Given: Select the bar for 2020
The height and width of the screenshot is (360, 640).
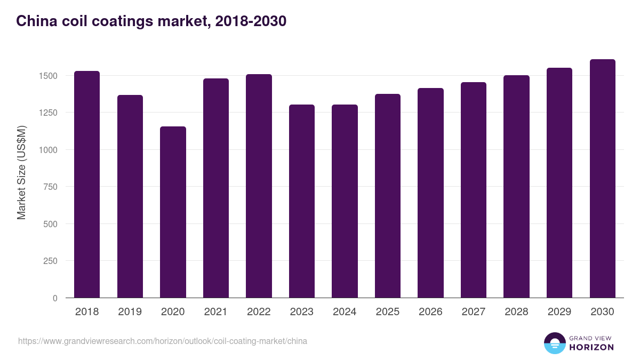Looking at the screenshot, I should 173,212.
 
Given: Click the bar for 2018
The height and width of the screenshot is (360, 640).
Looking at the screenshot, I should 87,185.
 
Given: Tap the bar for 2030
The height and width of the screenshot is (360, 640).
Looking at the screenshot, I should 602,179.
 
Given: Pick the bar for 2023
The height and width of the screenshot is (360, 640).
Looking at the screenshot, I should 302,201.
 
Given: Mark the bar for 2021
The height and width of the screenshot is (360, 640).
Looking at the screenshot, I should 216,188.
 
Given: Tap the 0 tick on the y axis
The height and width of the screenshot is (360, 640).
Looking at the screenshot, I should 55,298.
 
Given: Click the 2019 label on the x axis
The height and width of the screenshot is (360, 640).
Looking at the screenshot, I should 130,312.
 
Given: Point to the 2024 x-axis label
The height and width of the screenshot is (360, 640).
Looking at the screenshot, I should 345,312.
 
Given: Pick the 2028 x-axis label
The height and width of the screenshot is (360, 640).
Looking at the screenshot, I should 516,312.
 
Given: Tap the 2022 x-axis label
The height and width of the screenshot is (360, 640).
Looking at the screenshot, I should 259,312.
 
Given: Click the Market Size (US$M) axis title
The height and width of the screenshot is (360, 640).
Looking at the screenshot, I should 21,172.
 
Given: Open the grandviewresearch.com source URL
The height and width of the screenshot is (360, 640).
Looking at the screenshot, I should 163,341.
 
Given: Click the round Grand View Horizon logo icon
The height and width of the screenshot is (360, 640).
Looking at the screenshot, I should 554,343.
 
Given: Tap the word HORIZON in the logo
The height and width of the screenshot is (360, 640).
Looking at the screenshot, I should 591,347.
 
